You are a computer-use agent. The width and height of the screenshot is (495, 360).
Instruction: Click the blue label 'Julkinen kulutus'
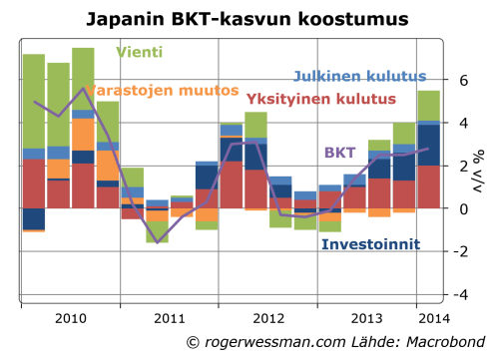tap(360, 76)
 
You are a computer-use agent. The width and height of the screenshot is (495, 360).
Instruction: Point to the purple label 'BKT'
tap(339, 153)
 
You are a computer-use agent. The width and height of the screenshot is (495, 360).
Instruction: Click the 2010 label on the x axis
tap(70, 317)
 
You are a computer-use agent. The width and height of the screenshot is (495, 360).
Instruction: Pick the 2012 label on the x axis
tap(269, 317)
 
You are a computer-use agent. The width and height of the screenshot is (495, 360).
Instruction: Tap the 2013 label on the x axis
tap(368, 317)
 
